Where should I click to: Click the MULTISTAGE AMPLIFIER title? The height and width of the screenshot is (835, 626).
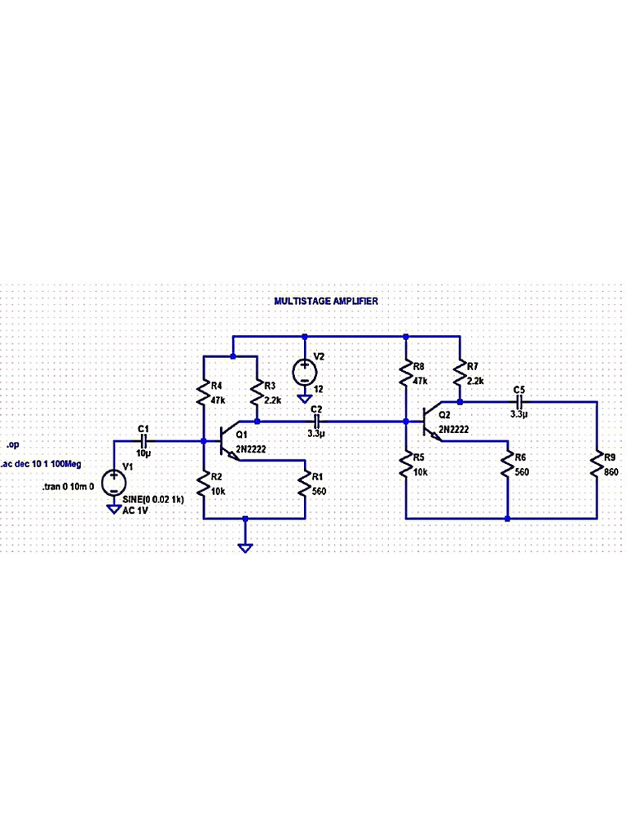(x=325, y=301)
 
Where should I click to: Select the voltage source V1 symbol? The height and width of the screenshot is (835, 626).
(x=113, y=481)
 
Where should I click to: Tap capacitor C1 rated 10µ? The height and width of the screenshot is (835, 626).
(x=144, y=440)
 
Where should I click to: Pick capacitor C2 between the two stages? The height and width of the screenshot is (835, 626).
(x=317, y=422)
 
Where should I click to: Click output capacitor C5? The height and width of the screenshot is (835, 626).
(x=519, y=402)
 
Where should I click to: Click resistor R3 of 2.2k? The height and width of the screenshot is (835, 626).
(x=258, y=395)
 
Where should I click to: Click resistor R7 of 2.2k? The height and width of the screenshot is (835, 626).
(x=461, y=375)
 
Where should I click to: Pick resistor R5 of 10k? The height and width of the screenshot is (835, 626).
(x=405, y=466)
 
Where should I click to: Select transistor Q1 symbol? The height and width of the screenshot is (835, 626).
(x=227, y=441)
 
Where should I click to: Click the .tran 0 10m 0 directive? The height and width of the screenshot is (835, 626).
(x=68, y=485)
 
